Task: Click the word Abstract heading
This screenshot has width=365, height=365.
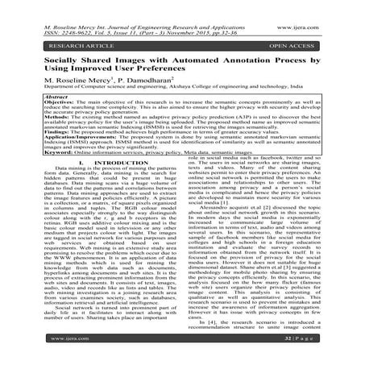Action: (54, 94)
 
